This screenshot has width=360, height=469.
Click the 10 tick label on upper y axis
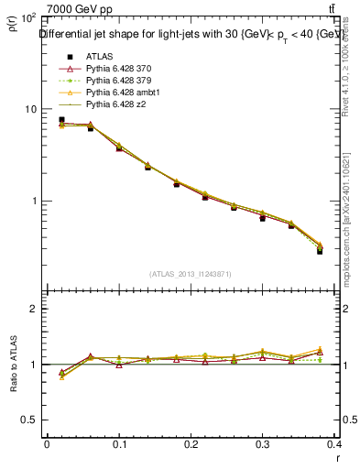coord(30,109)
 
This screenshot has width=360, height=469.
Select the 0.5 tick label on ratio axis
coord(30,420)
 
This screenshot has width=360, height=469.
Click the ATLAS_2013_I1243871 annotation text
coord(190,274)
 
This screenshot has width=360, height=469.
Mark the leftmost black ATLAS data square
coord(61,120)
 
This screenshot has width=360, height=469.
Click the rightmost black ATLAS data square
coord(320,250)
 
